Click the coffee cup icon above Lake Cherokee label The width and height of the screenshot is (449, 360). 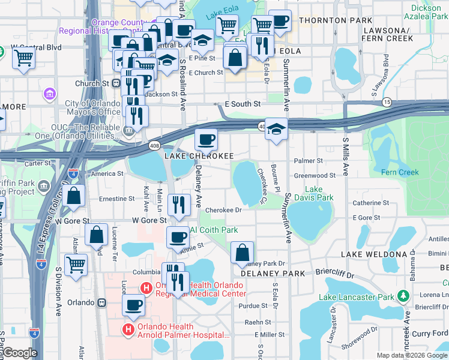pyautogui.click(x=206, y=140)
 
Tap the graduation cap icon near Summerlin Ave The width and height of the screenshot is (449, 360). pyautogui.click(x=276, y=129)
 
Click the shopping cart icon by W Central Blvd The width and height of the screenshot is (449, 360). pyautogui.click(x=23, y=58)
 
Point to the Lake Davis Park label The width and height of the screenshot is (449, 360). pyautogui.click(x=318, y=193)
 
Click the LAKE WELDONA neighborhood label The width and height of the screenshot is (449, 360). pyautogui.click(x=374, y=254)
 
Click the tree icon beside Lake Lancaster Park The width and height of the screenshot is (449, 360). pyautogui.click(x=404, y=296)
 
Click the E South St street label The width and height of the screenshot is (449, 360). pyautogui.click(x=243, y=104)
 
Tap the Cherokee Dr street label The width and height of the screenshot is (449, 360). pyautogui.click(x=223, y=210)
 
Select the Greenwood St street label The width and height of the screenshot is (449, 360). pyautogui.click(x=315, y=176)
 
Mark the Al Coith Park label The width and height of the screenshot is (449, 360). pyautogui.click(x=214, y=230)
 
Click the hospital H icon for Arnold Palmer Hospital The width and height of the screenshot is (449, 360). pyautogui.click(x=128, y=329)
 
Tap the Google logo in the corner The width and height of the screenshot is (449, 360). pyautogui.click(x=20, y=353)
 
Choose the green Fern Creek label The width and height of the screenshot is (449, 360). pyautogui.click(x=400, y=173)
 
